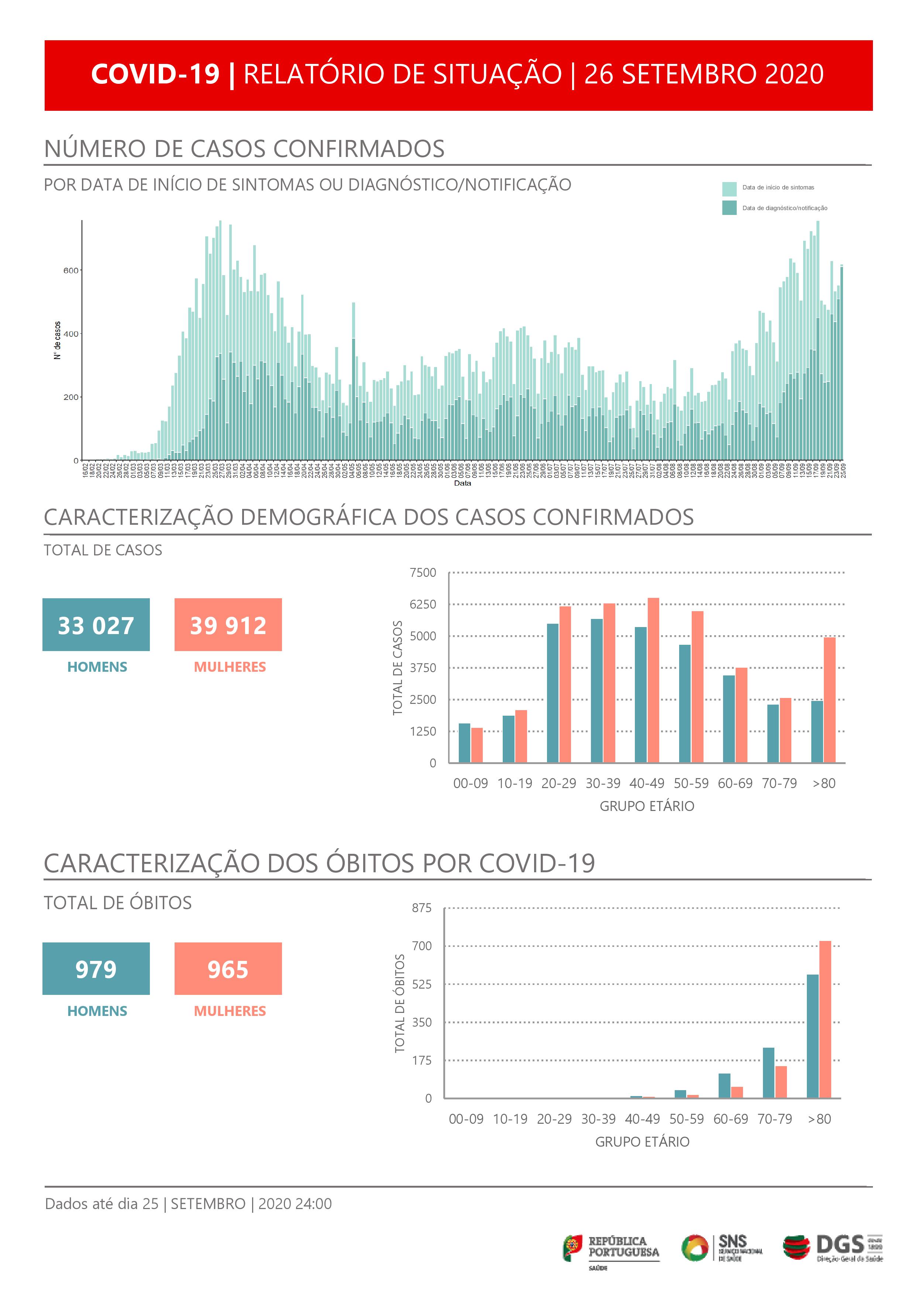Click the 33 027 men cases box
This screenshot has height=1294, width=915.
[96, 624]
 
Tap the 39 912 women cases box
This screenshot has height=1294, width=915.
[228, 624]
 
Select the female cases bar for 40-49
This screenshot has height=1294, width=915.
[653, 680]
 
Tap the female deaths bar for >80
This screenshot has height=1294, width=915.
[825, 1020]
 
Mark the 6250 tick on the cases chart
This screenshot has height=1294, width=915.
[423, 604]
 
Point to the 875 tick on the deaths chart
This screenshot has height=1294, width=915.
[422, 908]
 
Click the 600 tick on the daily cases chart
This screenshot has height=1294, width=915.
[70, 271]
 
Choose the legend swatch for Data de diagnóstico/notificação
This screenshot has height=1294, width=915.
[729, 208]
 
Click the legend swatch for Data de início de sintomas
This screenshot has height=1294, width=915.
[729, 188]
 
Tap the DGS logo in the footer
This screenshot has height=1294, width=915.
[833, 1247]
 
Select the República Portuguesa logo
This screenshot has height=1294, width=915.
[611, 1247]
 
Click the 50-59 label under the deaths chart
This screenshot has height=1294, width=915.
[686, 1119]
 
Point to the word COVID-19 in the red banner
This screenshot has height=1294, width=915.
[155, 74]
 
